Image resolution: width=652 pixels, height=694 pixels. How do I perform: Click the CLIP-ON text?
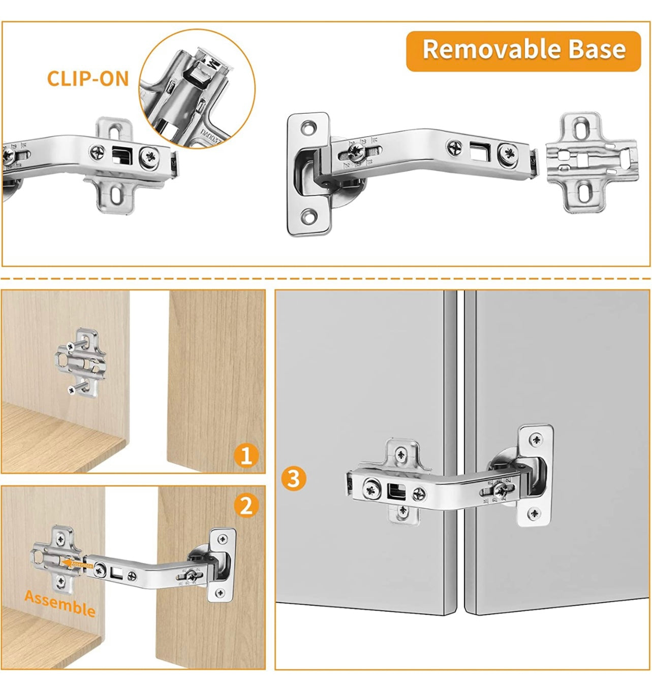click(x=88, y=79)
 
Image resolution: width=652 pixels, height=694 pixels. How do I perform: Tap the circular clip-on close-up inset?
click(x=197, y=89)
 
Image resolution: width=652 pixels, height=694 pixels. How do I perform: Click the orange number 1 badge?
click(x=246, y=455)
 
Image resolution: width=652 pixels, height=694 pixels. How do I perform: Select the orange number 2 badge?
click(x=246, y=505)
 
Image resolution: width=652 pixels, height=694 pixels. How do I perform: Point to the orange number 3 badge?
click(x=293, y=478)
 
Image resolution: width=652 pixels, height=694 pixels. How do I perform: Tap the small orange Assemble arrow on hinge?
click(x=76, y=564)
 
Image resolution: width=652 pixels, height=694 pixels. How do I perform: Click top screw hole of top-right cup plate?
click(x=308, y=128)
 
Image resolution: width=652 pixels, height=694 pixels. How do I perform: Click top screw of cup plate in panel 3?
click(x=536, y=440)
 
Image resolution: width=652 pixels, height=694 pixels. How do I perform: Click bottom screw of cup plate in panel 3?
click(x=534, y=514)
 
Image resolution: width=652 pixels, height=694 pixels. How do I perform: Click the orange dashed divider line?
click(x=326, y=279)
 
